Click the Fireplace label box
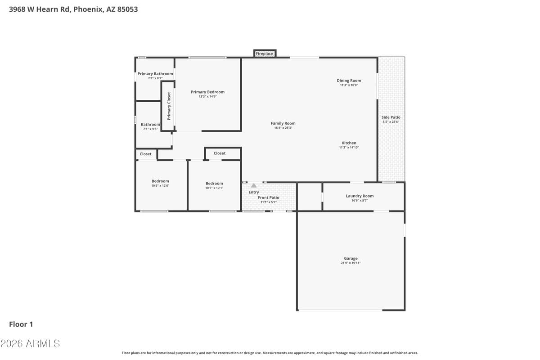265,54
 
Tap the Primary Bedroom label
207,92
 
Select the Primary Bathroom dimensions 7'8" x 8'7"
155,78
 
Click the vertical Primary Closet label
169,106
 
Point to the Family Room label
283,123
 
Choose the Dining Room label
349,81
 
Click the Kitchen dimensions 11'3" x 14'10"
349,148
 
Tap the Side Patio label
391,117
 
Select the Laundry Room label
360,196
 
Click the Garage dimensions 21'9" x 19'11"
351,263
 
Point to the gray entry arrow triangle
254,185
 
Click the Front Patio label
268,198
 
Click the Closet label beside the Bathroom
146,154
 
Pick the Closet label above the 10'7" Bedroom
220,153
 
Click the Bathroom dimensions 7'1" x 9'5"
150,129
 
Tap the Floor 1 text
21,324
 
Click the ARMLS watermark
30,343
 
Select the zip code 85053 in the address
127,9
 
